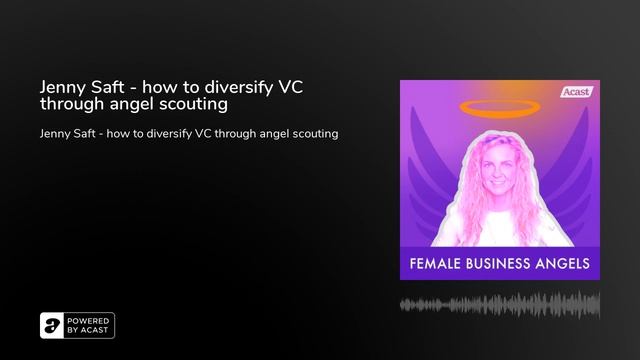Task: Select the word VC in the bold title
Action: tap(288, 86)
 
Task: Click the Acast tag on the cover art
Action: tap(577, 92)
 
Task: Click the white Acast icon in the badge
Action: tap(53, 325)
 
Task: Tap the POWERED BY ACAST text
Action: tap(90, 325)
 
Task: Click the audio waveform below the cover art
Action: tap(499, 303)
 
